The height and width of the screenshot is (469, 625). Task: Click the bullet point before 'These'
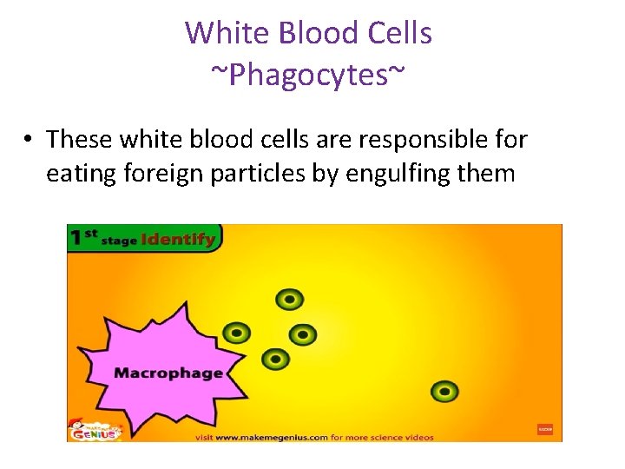pos(29,140)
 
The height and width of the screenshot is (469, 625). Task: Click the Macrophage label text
pos(168,373)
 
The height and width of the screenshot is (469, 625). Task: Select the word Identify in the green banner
pos(178,239)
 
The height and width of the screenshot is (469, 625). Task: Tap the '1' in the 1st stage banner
pos(78,237)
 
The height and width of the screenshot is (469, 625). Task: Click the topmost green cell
pos(289,300)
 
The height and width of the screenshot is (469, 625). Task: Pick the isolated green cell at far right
pos(444,391)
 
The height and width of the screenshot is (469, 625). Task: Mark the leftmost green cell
pos(236,333)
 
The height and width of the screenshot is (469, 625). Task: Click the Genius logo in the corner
pos(95,429)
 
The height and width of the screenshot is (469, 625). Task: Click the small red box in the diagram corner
pos(544,429)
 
